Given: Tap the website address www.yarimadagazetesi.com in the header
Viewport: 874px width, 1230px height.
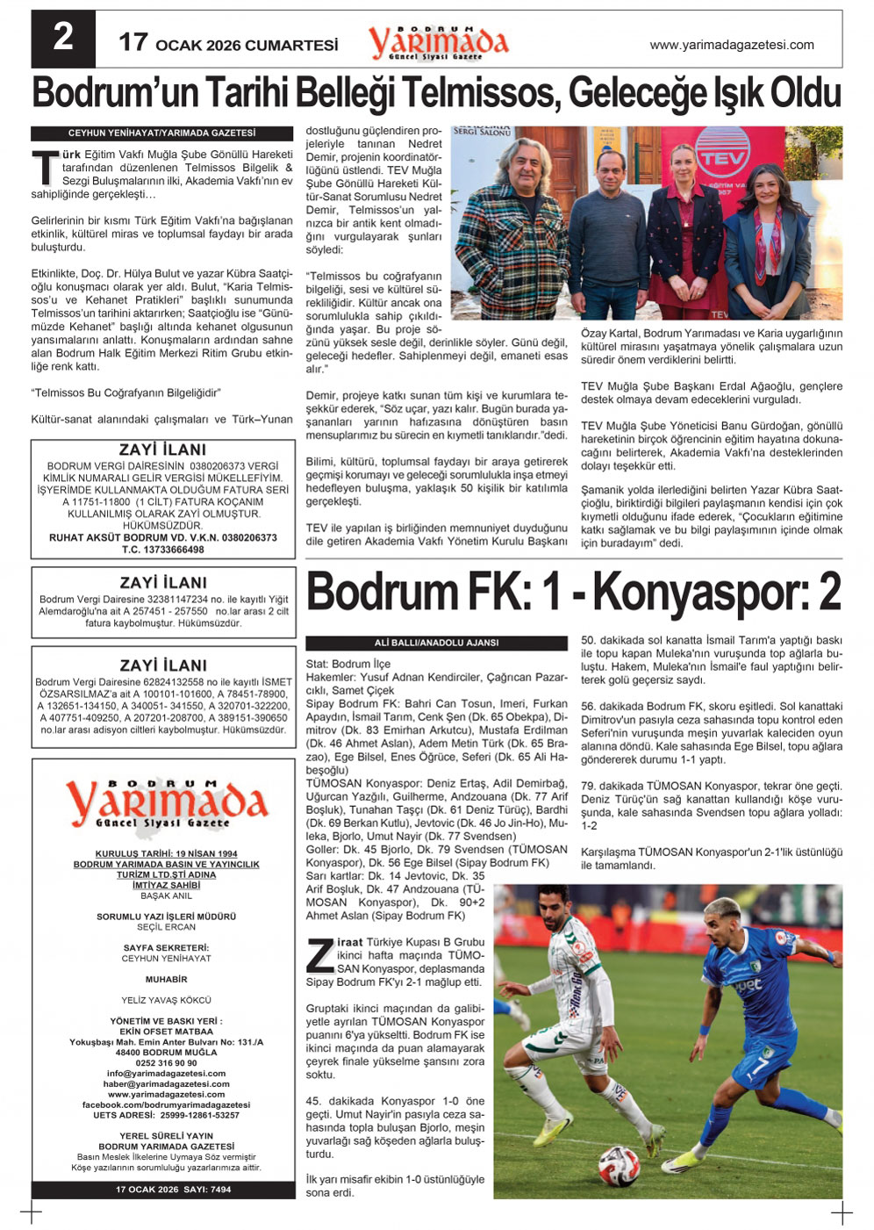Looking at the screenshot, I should coord(731,45).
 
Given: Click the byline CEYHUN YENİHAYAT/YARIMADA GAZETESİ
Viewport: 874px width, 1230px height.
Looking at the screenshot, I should coord(162,133).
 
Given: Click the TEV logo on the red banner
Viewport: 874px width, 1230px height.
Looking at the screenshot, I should coord(721,159).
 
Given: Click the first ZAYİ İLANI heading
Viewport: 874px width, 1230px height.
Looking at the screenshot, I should coord(162,450).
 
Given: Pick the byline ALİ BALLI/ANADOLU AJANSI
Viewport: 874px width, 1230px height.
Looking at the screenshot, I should coord(436,643).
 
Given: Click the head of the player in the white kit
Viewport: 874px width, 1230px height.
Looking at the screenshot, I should coord(554,905).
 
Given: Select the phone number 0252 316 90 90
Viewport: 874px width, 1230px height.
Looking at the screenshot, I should coord(166,1063).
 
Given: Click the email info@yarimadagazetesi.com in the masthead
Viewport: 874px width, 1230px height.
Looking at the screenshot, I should coord(166,1074).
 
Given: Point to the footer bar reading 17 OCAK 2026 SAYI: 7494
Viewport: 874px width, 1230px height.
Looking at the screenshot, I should coord(162,1190).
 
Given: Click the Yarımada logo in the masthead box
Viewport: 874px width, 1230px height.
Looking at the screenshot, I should coord(165,802).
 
